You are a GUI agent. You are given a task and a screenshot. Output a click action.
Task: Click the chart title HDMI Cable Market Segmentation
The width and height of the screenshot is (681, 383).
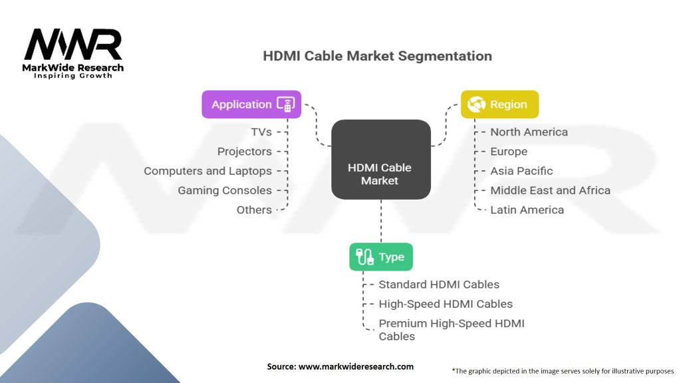[x=377, y=56]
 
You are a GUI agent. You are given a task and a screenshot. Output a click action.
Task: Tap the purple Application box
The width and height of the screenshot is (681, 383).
[x=251, y=104]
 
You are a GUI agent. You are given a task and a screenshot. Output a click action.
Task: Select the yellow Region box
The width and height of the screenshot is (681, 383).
[x=499, y=104]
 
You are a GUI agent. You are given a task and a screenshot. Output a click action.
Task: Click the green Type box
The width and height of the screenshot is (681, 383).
[x=381, y=257]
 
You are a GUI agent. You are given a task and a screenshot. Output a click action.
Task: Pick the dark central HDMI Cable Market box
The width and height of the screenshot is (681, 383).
[x=380, y=160]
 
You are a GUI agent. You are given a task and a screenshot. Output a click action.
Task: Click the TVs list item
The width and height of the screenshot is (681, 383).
[x=261, y=132]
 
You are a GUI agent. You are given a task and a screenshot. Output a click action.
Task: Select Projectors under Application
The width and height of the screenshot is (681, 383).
[x=244, y=152]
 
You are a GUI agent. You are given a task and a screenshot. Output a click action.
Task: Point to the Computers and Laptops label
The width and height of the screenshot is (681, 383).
[x=207, y=171]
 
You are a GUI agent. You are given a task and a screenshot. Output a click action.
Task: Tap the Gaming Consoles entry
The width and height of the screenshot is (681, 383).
[x=224, y=190]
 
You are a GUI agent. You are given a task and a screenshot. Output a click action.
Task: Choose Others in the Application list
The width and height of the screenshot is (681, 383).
[x=254, y=209]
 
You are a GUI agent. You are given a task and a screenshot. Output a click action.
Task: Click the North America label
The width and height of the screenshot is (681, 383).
[x=529, y=132]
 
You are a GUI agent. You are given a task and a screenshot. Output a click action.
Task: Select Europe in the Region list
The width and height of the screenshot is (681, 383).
[x=509, y=152]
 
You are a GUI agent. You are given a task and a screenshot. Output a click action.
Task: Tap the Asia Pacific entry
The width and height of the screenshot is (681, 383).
[x=521, y=171]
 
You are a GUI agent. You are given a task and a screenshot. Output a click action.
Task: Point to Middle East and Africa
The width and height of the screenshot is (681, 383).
[x=550, y=190]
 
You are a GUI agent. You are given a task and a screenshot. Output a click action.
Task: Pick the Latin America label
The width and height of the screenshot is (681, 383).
[x=527, y=209]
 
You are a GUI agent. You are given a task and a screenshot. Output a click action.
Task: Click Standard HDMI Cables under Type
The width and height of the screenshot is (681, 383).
[x=439, y=285]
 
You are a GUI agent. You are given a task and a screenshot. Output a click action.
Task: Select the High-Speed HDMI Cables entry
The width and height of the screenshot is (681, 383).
[x=446, y=304]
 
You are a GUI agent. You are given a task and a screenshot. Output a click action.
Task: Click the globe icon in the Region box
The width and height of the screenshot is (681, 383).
[x=477, y=104]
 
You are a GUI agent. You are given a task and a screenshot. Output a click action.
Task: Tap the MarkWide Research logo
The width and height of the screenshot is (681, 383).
[x=74, y=53]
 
